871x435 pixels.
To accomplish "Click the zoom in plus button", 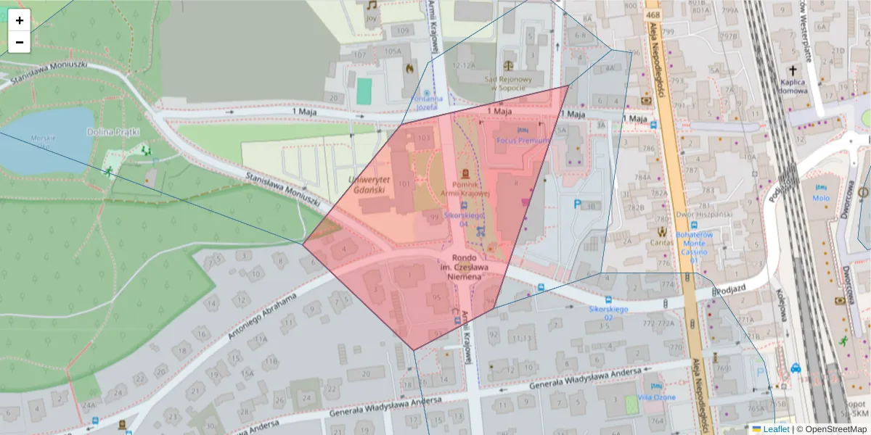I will (x=20, y=20).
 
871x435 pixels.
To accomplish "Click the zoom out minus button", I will (x=20, y=42).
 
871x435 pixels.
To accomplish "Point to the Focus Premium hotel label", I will (x=523, y=140).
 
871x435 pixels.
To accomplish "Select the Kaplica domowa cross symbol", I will (x=793, y=71).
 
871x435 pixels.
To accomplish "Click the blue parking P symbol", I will (x=577, y=205).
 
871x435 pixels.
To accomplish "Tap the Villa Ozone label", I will (x=656, y=397).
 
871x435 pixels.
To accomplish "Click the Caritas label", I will (x=661, y=243).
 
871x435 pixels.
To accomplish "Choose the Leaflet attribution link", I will (x=775, y=429).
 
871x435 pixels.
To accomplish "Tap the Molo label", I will (x=821, y=198).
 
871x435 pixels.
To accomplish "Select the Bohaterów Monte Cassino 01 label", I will (x=695, y=246).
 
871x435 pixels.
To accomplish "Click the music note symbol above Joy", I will (x=372, y=4).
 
